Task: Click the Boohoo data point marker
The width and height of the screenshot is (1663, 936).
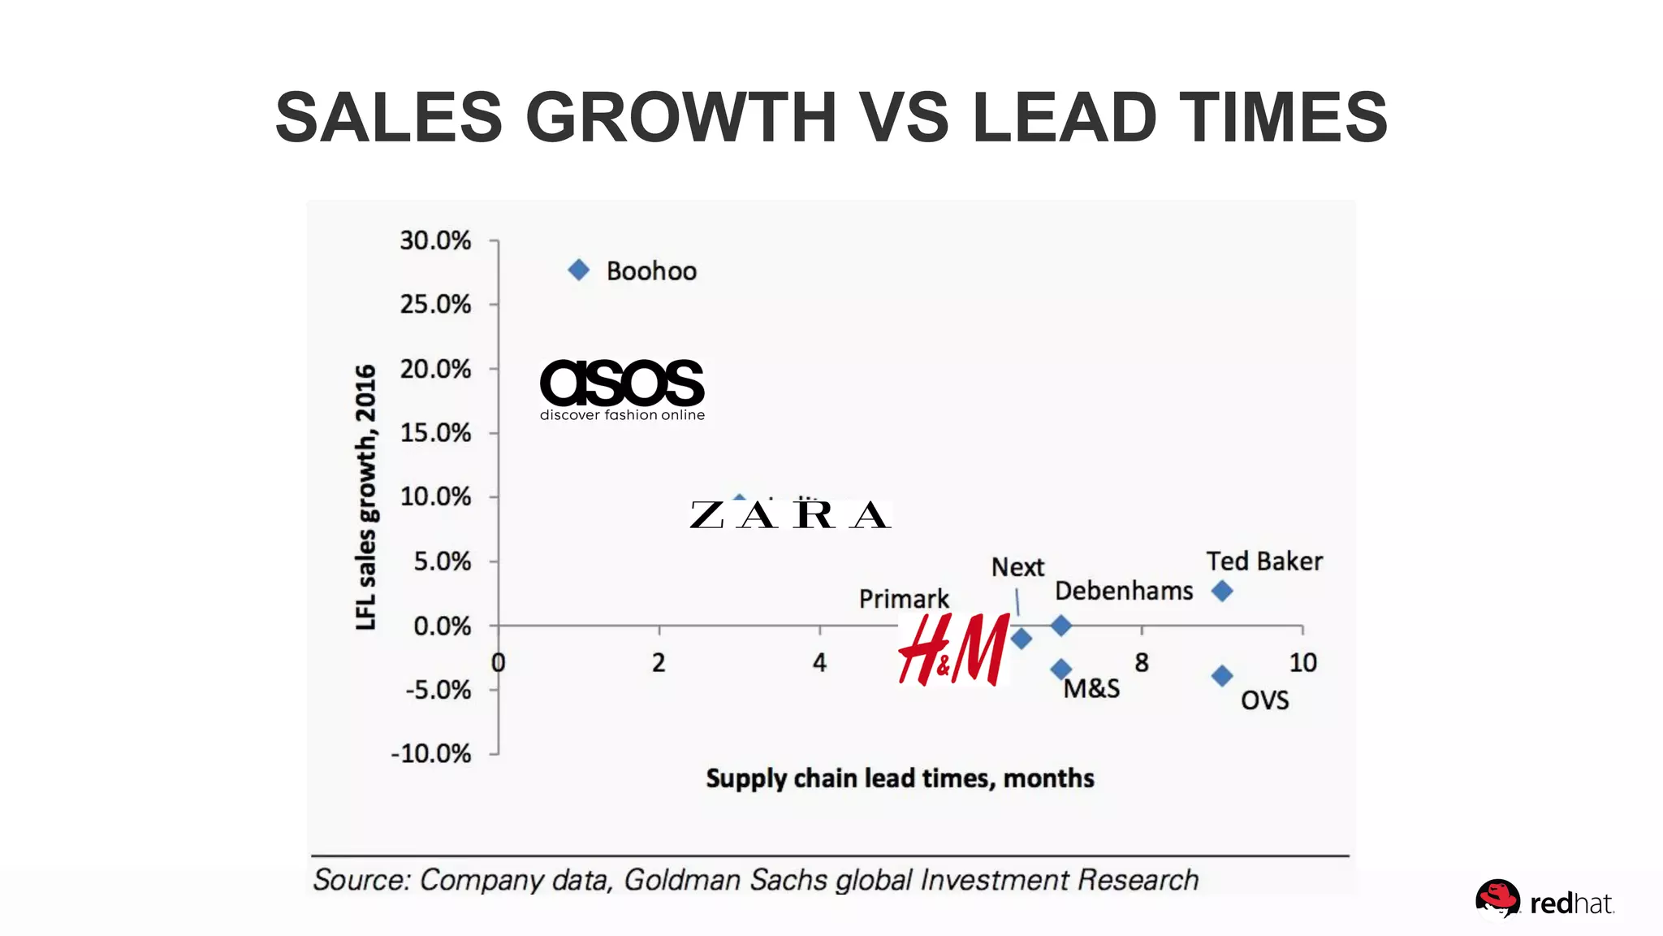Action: (578, 270)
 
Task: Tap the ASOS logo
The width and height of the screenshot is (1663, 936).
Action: (622, 388)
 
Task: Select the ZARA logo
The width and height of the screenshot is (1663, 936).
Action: (790, 515)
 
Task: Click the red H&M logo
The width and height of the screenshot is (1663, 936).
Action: (954, 649)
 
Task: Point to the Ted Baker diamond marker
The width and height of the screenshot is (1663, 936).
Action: (1222, 591)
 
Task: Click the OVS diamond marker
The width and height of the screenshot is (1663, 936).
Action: (1222, 675)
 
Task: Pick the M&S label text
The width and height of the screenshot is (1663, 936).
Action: (1091, 689)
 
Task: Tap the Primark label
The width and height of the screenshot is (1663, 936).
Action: (904, 599)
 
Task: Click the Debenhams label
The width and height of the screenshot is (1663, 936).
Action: (1124, 591)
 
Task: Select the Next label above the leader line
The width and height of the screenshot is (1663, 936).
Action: (1017, 567)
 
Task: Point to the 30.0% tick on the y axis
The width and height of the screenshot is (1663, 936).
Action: (435, 240)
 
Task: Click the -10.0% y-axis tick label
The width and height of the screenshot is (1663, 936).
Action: (431, 753)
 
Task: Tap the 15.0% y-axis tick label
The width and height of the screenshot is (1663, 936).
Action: (435, 432)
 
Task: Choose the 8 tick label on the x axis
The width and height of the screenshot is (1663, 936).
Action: (1142, 663)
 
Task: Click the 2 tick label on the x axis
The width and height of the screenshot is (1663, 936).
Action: (659, 663)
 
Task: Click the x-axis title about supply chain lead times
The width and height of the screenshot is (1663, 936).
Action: (900, 778)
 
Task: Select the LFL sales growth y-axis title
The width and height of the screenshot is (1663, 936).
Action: (366, 497)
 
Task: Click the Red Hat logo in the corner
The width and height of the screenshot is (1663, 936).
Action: (1543, 900)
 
